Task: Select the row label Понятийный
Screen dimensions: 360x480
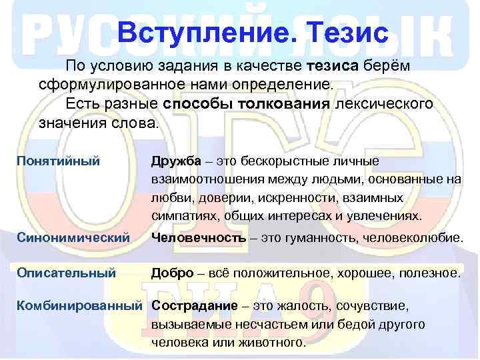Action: point(58,161)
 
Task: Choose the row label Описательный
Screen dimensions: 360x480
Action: point(66,273)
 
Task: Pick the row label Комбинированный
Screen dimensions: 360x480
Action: point(79,306)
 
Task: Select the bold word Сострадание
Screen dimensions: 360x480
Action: point(195,306)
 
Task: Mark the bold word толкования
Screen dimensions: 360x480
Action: point(289,105)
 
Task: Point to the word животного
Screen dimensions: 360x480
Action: point(271,343)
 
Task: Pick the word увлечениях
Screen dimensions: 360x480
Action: point(384,217)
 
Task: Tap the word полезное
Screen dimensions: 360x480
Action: point(431,273)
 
